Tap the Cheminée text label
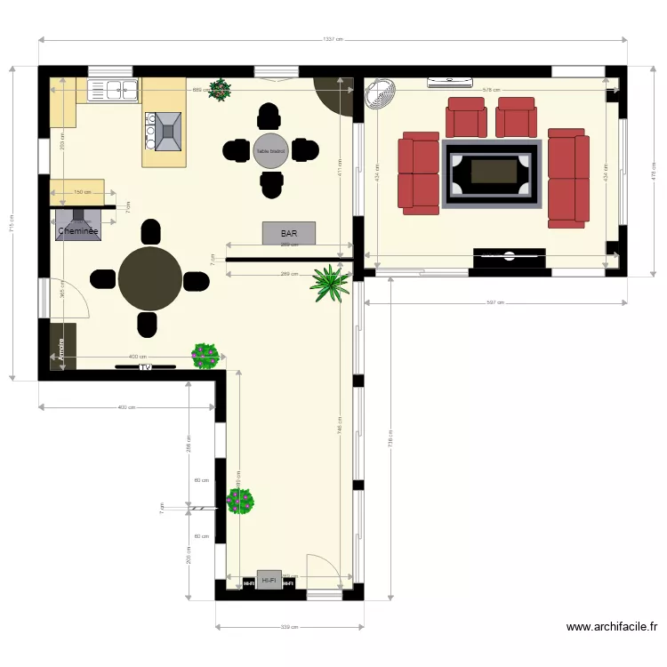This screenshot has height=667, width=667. point(77,231)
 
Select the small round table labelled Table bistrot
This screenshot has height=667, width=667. point(270,150)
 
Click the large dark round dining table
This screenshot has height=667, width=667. point(150,278)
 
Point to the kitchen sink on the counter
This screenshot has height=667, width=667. point(114,89)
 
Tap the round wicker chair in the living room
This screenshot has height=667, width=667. point(382,93)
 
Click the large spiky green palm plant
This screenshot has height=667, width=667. point(330,283)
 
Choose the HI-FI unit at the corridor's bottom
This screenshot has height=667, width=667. point(269,580)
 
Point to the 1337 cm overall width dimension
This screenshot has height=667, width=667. point(333,39)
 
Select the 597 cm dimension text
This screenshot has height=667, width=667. point(495,303)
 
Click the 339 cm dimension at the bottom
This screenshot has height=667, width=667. point(289,627)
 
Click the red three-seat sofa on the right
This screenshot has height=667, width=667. point(568,174)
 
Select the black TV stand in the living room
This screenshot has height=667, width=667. point(509,257)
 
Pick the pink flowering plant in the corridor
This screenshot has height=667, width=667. point(240,501)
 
